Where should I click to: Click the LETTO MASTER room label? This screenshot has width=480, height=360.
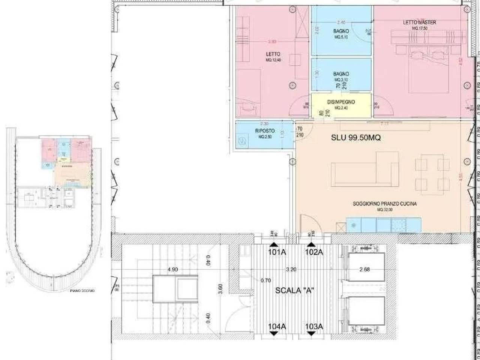[x=419, y=22]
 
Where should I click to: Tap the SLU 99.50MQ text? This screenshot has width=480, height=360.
[x=355, y=138]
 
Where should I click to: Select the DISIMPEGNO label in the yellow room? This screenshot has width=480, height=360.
[x=341, y=102]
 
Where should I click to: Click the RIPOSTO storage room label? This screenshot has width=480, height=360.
[x=265, y=131]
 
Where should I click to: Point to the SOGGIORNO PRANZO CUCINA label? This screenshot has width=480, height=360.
[x=385, y=204]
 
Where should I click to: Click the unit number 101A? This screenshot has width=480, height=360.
[x=277, y=252]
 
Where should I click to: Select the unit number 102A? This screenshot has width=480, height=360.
[x=314, y=252]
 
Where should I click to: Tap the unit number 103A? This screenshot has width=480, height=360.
[x=314, y=327]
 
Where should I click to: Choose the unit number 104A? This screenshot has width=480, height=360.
[x=277, y=327]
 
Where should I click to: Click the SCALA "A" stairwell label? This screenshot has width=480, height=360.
[x=294, y=290]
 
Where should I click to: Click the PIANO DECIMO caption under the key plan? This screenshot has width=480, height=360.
[x=82, y=291]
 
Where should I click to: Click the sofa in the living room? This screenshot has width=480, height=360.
[x=364, y=170]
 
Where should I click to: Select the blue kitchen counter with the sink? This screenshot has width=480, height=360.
[x=383, y=225]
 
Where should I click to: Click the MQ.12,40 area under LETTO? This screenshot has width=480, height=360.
[x=273, y=60]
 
